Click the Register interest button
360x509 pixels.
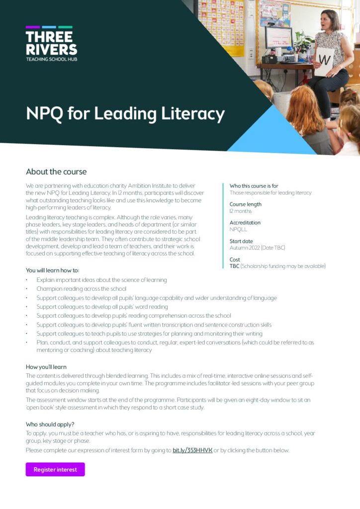[x=55, y=469]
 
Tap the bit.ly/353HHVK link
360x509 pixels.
[x=192, y=450]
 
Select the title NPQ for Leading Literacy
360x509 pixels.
[x=125, y=113]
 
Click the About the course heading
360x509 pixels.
[x=56, y=171]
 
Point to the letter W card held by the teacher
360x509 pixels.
[x=324, y=61]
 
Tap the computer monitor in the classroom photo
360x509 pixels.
[x=278, y=38]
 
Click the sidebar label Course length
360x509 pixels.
[x=245, y=204]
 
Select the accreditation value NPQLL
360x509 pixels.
[x=238, y=230]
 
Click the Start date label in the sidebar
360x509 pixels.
[x=241, y=241]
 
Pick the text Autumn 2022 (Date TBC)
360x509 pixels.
[x=257, y=248]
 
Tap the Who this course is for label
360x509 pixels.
[x=256, y=186]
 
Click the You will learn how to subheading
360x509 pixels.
[x=52, y=270]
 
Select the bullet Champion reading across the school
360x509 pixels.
[x=81, y=289]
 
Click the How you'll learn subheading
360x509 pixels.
[x=46, y=367]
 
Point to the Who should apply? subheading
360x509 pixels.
[x=50, y=424]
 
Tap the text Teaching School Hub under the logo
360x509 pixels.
[x=51, y=59]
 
